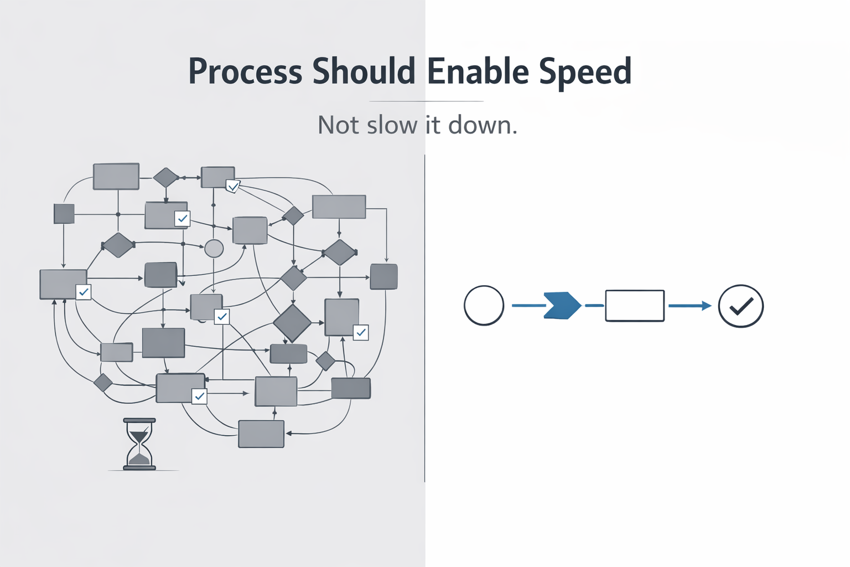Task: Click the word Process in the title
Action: coord(245,72)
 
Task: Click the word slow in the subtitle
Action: coord(392,125)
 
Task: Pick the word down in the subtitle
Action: coord(483,125)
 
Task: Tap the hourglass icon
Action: coord(139,444)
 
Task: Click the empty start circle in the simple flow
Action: coord(484,306)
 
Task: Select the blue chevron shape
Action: coord(562,305)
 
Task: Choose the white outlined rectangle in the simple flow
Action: coord(635,306)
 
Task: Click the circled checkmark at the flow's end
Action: coord(740,306)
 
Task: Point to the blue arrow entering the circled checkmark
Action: coord(690,306)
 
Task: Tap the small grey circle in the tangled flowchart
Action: coord(214,248)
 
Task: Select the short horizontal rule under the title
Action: coord(426,101)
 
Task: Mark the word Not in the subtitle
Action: coord(338,125)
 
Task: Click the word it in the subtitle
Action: coord(433,125)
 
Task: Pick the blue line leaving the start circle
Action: coord(528,305)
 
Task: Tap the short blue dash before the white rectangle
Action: coord(594,305)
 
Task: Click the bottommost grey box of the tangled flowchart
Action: coord(261,434)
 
